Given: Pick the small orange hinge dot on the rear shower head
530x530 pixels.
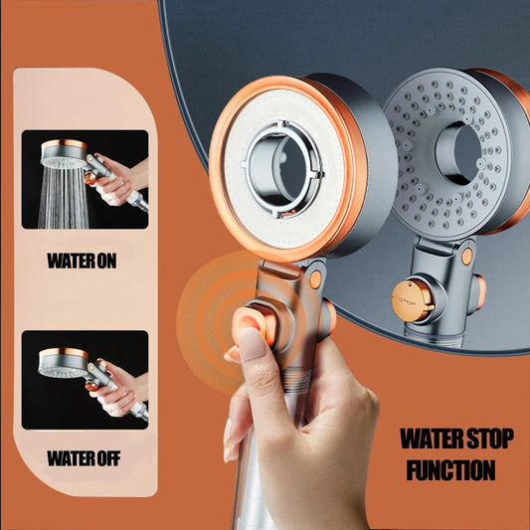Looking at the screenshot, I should coord(466,257).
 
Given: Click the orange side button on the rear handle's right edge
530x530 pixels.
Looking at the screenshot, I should coord(480,291).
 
